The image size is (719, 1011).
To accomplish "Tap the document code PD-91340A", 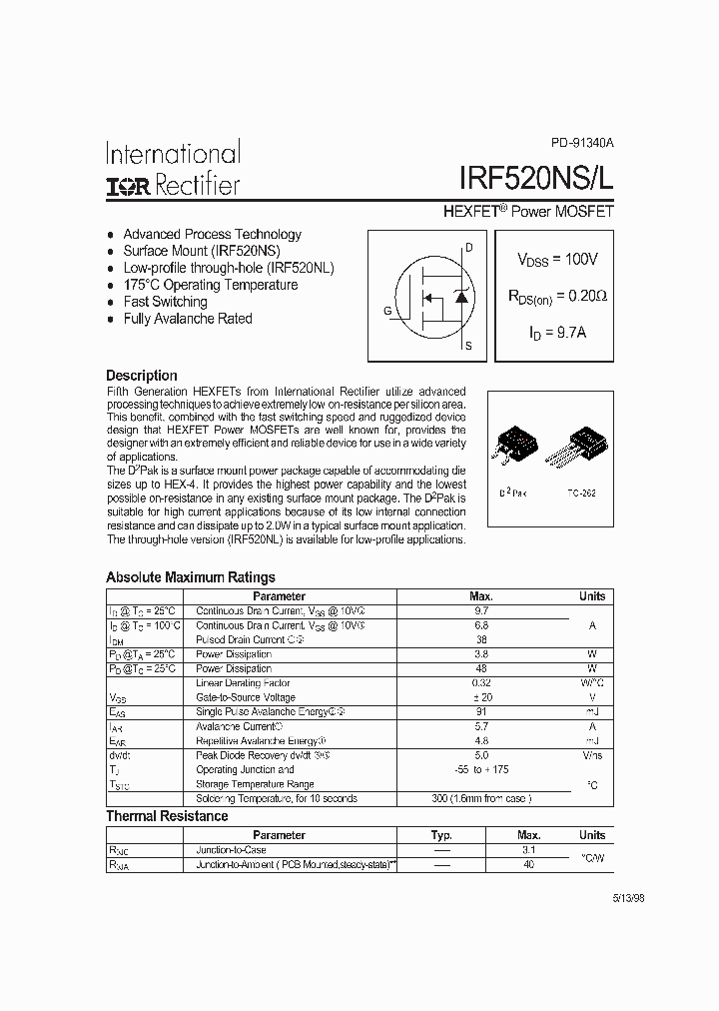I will [x=582, y=144].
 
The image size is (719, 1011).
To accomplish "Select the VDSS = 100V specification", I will [x=557, y=260].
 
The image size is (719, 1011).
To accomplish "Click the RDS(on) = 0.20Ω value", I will [x=557, y=297].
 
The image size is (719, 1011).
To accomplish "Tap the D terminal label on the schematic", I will [x=469, y=247].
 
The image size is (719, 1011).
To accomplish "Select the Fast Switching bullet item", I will [x=165, y=302].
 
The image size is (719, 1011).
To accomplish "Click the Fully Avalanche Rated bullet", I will [x=187, y=319].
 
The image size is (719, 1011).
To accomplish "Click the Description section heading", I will [x=142, y=376].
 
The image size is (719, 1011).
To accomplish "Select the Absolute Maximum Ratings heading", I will [x=191, y=577].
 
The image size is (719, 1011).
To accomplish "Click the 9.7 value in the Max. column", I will [x=481, y=610].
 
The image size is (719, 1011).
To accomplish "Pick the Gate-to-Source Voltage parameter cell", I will [x=246, y=697].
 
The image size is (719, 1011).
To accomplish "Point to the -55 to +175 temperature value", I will [x=481, y=769].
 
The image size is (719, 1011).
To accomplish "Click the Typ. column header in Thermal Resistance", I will [x=441, y=835].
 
